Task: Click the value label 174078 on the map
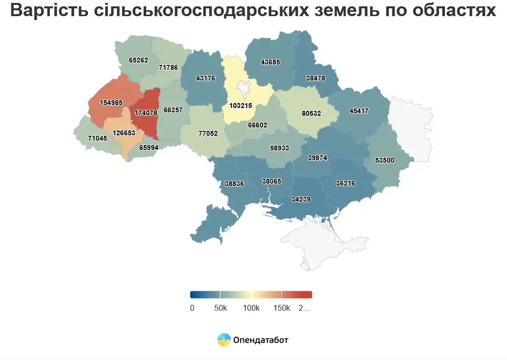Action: click(146, 113)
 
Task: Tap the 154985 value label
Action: click(111, 103)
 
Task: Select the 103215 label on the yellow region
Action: click(241, 106)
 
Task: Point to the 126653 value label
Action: click(124, 133)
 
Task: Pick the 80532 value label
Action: click(311, 113)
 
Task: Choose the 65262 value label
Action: click(138, 61)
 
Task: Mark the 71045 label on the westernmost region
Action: click(97, 139)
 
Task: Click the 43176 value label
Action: click(205, 78)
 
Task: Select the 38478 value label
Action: click(315, 78)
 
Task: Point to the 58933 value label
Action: click(280, 148)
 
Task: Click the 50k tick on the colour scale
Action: click(220, 308)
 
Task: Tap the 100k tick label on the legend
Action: click(251, 308)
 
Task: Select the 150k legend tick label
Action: click(282, 308)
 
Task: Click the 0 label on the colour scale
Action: click(192, 308)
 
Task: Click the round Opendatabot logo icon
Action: click(224, 339)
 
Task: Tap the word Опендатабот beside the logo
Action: click(261, 340)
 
